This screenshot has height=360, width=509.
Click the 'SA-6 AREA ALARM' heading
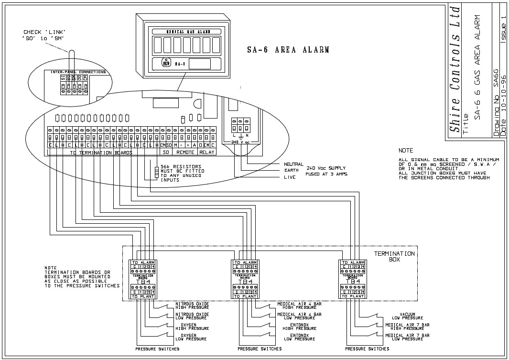pyautogui.click(x=288, y=50)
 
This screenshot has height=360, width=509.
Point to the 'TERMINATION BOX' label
pyautogui.click(x=394, y=256)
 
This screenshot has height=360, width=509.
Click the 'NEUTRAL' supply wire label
pyautogui.click(x=293, y=164)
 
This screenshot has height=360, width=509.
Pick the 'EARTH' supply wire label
pyautogui.click(x=291, y=170)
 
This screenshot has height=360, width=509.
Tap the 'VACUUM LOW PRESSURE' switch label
pyautogui.click(x=401, y=316)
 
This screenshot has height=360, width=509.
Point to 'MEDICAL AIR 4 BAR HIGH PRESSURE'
pyautogui.click(x=299, y=305)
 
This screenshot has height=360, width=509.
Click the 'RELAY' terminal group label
pyautogui.click(x=207, y=152)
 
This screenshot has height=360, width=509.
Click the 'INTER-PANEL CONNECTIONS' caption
pyautogui.click(x=78, y=72)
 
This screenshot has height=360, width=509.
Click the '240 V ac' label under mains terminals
pyautogui.click(x=240, y=142)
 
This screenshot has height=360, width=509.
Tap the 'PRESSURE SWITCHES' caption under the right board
pyautogui.click(x=367, y=349)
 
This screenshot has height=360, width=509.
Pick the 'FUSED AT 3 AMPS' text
pyautogui.click(x=327, y=174)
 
